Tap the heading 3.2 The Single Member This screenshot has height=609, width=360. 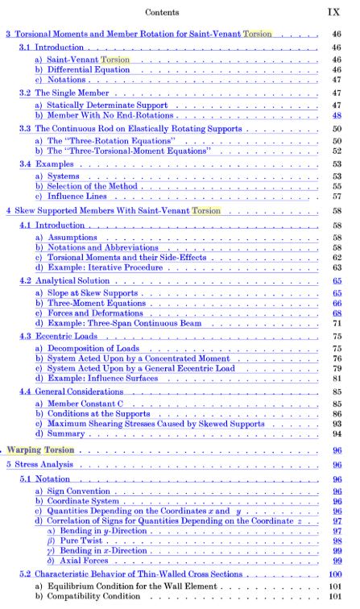pyautogui.click(x=69, y=93)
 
